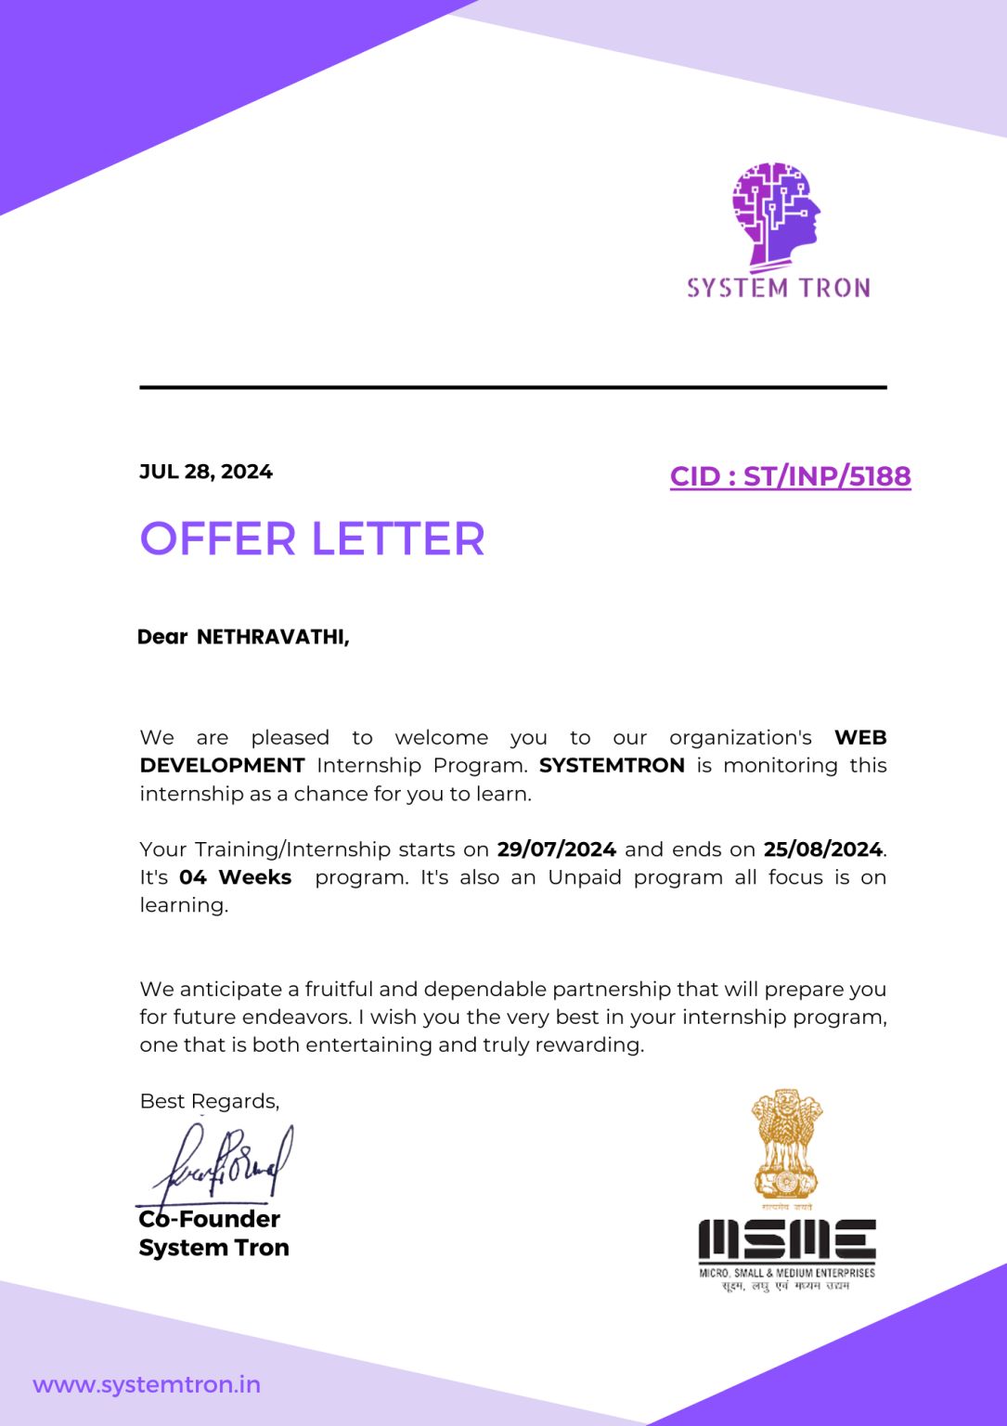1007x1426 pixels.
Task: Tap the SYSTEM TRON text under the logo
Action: [x=779, y=288]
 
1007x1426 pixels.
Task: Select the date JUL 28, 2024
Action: [x=206, y=472]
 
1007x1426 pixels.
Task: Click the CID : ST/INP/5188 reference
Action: [x=790, y=476]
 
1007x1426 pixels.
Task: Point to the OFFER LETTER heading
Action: [x=312, y=539]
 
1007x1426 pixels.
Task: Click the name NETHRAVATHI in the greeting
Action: [x=272, y=637]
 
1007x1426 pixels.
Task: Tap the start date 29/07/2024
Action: [x=556, y=849]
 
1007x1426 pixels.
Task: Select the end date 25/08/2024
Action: [x=822, y=849]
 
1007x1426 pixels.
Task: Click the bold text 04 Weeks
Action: [x=235, y=877]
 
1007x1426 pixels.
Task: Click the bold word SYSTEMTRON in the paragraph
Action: [x=612, y=766]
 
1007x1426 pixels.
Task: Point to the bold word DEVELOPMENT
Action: [x=222, y=766]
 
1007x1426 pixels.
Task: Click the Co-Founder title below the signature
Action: [x=210, y=1219]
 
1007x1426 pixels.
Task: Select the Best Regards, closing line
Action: [x=209, y=1101]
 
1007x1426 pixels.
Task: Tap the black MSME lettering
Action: [x=786, y=1240]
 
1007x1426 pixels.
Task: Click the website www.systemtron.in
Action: [x=147, y=1385]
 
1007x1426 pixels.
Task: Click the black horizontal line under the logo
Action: [x=513, y=387]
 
